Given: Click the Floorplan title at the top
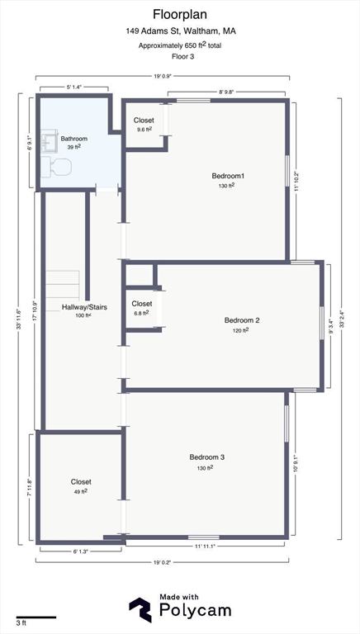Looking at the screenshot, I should coord(179,14).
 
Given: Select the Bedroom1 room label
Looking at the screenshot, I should coord(228,176).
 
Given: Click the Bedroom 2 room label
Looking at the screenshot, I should coord(242,320).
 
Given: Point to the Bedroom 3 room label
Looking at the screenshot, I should coord(206,457).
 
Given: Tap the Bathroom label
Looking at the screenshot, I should coord(73,139).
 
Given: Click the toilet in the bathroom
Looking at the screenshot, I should coord(60,168).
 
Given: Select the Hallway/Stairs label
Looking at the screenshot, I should coord(84,307).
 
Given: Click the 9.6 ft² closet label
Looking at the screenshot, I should coord(144,130).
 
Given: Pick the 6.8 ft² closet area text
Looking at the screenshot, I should coord(141,313).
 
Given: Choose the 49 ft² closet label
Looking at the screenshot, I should coord(81,491).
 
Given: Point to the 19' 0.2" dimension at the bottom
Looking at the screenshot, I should coord(162,562).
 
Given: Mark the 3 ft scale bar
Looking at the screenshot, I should coord(36,617).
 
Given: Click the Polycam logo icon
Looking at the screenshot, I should coord(140,609).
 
